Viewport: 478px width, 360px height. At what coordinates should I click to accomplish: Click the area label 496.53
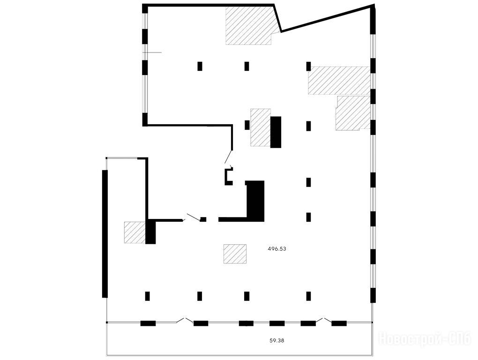277,249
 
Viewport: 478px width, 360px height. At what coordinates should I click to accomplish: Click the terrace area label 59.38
277,340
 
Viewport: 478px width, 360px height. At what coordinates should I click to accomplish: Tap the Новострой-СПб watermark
425,339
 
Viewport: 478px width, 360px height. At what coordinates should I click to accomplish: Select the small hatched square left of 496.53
235,254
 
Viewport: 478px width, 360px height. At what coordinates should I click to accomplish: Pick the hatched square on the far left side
134,232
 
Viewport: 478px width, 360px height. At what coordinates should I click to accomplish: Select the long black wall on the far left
105,234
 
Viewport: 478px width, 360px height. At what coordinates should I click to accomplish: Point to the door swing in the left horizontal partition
193,217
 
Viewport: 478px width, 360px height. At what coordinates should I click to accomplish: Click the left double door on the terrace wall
185,320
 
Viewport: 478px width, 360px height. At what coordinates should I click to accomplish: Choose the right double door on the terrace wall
324,320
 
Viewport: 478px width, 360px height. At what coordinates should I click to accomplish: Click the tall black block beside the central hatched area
276,132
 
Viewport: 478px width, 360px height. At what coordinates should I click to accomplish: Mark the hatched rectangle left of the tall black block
261,127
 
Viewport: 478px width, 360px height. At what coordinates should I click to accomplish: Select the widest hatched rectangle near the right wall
339,80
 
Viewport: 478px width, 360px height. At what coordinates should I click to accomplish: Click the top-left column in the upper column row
200,66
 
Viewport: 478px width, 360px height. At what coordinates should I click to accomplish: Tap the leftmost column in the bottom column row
147,296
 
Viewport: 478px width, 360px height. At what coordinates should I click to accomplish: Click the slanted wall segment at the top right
327,18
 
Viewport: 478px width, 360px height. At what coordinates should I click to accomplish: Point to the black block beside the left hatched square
150,232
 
